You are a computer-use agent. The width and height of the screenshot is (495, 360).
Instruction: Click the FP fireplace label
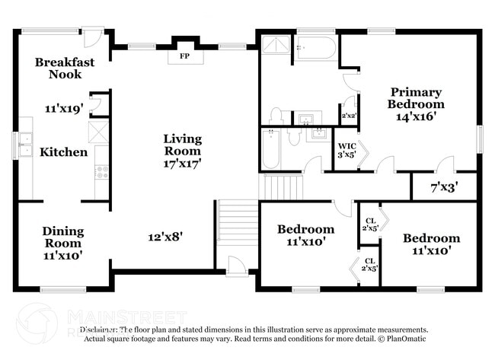tap(184, 56)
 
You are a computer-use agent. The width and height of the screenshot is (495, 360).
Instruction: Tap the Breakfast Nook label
tap(65, 68)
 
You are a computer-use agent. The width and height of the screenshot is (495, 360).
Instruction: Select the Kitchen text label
tap(64, 152)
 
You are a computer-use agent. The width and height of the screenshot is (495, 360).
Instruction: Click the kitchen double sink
tap(25, 139)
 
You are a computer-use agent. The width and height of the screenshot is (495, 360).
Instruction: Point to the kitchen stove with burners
tap(101, 172)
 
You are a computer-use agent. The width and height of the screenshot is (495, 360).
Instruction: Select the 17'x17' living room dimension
tap(183, 163)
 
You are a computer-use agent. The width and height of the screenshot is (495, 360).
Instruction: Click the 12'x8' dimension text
tap(165, 237)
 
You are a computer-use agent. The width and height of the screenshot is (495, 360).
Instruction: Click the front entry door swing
tap(236, 266)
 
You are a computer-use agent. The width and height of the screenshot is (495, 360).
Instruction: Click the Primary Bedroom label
tap(415, 98)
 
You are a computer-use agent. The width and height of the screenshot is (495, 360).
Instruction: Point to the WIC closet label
tap(347, 145)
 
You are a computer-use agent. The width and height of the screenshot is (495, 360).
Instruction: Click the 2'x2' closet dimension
tap(349, 116)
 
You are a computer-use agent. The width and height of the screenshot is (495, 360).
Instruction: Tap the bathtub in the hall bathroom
tap(271, 149)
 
